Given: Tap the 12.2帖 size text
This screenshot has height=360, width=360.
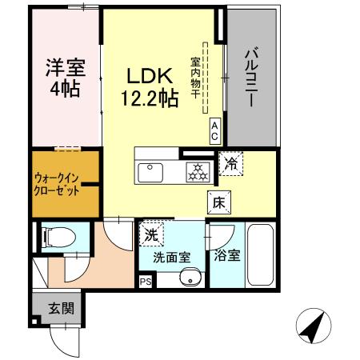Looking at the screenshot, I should [x=150, y=99].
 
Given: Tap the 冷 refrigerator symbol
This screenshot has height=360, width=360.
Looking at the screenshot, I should [x=230, y=164].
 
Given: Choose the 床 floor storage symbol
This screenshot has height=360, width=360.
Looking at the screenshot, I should [x=218, y=202].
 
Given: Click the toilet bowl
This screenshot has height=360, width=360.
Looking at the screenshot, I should [x=58, y=238].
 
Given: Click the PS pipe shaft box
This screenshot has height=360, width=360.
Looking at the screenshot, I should [x=145, y=282].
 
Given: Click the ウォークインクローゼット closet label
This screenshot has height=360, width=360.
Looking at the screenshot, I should [x=62, y=185].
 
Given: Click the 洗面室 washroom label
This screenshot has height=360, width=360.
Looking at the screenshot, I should [x=171, y=258].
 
